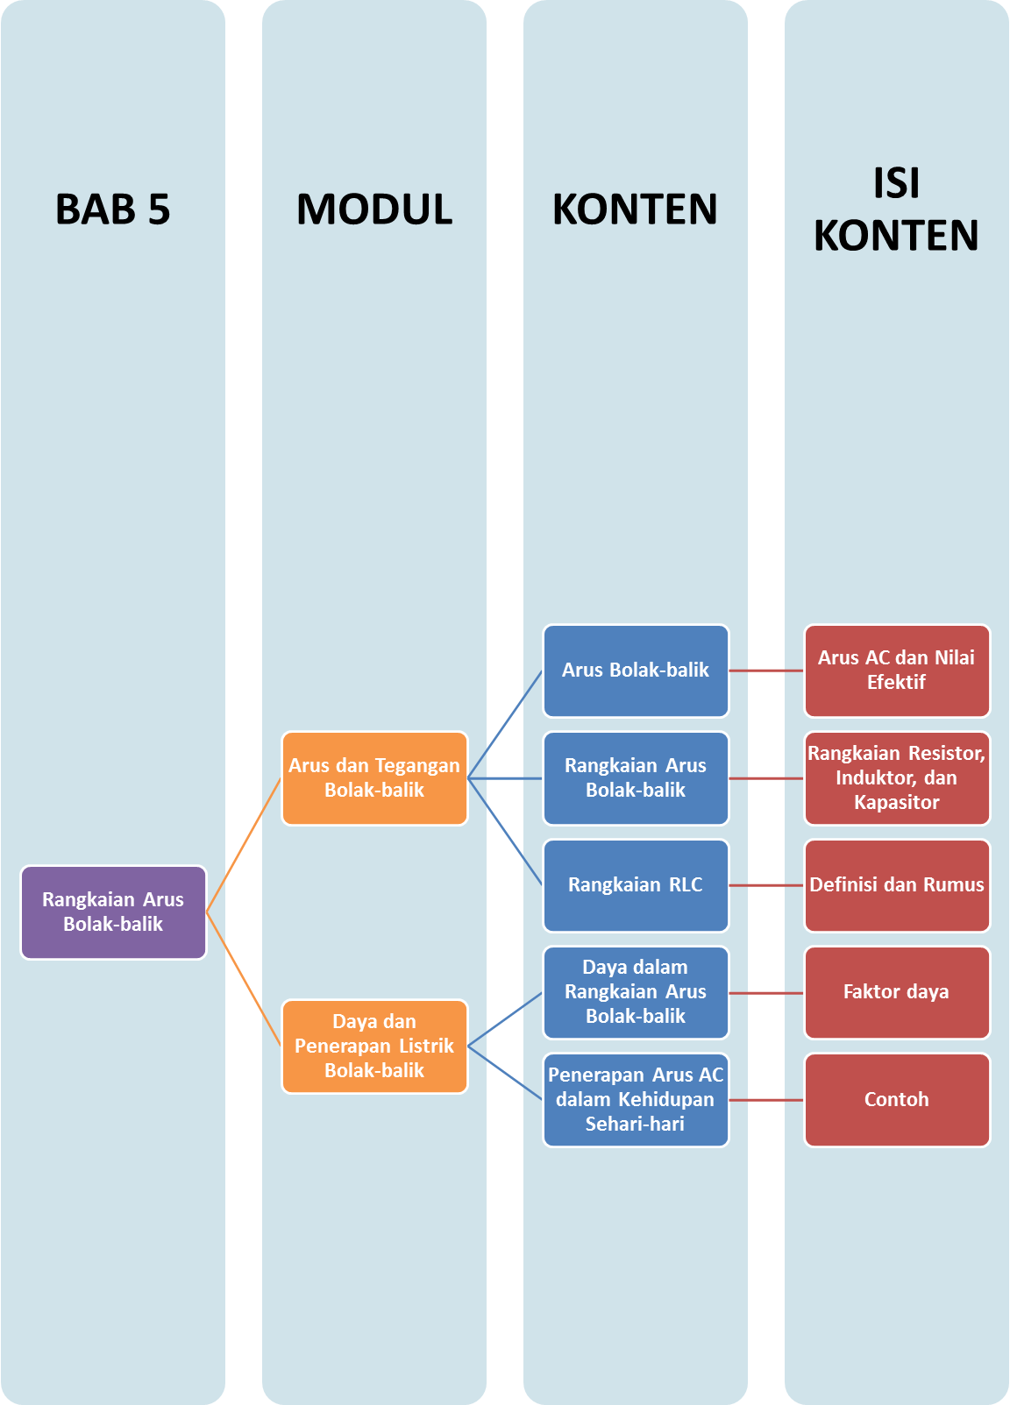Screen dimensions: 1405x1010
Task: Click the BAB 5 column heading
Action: point(112,209)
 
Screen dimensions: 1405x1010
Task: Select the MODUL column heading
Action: point(374,209)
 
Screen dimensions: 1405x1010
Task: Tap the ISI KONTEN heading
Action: point(896,209)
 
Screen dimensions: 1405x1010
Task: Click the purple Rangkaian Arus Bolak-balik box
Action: point(113,912)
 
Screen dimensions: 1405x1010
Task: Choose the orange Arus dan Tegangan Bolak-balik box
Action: point(374,777)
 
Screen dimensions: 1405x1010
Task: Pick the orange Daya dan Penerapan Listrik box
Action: point(374,1046)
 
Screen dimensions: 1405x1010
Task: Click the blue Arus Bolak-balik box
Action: point(636,671)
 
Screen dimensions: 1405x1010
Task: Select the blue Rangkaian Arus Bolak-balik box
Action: point(636,777)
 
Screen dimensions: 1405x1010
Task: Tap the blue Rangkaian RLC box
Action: point(636,885)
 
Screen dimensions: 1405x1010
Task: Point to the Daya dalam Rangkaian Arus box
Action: point(636,992)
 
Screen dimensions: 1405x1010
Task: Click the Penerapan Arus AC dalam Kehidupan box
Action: point(636,1099)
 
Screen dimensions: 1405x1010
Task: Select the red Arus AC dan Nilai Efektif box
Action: point(896,671)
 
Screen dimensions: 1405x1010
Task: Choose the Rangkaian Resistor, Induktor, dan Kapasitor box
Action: point(896,777)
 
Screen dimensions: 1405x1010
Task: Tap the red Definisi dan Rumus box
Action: point(896,885)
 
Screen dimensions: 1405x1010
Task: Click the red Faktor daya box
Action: point(896,992)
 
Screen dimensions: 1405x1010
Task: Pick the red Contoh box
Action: point(896,1099)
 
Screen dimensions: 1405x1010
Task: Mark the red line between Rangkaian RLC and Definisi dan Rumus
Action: point(766,885)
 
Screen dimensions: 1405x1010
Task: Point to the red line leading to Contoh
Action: point(766,1099)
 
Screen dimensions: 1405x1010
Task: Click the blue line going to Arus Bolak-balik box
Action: point(506,724)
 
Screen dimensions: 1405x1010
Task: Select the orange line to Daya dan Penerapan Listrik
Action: point(244,979)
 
